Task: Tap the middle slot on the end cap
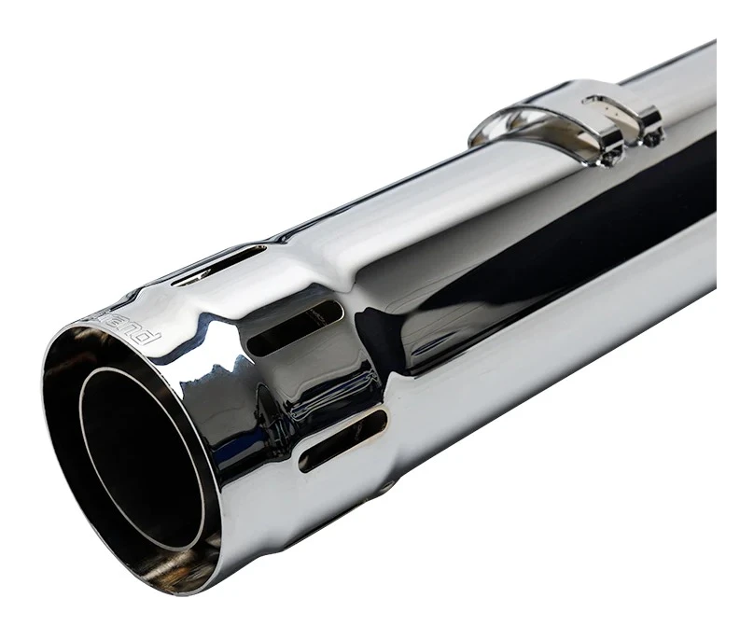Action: coord(297,327)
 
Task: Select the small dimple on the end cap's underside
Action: coord(385,487)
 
